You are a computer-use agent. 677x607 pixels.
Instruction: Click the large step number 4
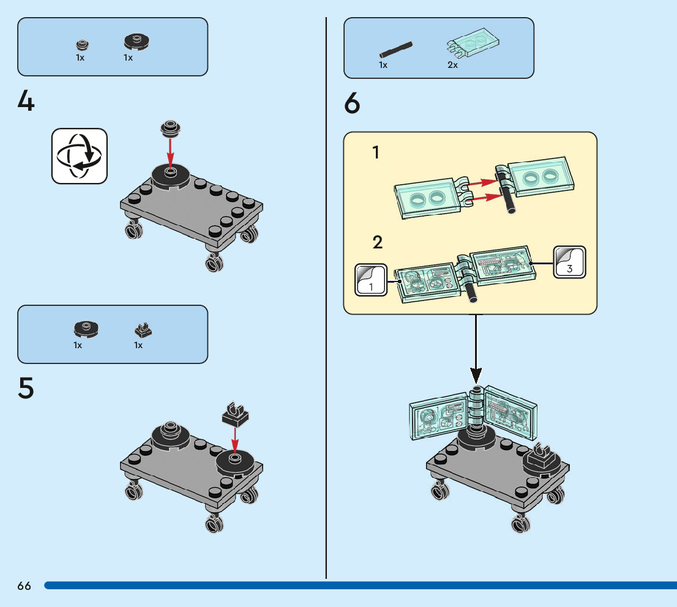click(26, 101)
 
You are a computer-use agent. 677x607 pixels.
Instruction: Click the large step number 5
click(26, 388)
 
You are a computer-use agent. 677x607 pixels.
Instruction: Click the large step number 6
click(352, 103)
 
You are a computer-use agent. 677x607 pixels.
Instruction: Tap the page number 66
click(24, 586)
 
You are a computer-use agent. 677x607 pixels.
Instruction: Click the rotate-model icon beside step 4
click(79, 155)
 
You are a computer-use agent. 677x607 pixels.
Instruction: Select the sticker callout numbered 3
click(569, 263)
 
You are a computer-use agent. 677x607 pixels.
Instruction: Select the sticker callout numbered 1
click(371, 280)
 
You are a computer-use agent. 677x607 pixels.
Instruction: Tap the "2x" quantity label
click(452, 65)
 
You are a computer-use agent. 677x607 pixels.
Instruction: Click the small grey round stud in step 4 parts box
click(82, 45)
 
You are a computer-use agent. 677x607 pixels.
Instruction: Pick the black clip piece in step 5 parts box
click(143, 331)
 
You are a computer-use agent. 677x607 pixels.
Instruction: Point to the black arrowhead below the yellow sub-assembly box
click(476, 374)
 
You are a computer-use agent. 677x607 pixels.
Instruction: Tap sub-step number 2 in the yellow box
click(378, 242)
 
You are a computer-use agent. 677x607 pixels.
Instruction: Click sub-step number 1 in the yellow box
click(376, 153)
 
